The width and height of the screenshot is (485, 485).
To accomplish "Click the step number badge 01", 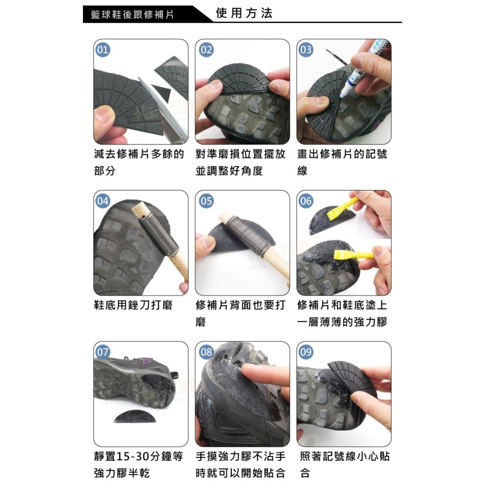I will tap(103, 50).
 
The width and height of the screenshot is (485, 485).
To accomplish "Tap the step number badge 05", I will tap(206, 201).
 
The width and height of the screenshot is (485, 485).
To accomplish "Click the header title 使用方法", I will tap(244, 13).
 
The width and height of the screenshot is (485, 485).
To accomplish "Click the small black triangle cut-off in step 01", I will tap(159, 91).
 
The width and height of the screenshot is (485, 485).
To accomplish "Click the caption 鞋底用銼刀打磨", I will tap(133, 306).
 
